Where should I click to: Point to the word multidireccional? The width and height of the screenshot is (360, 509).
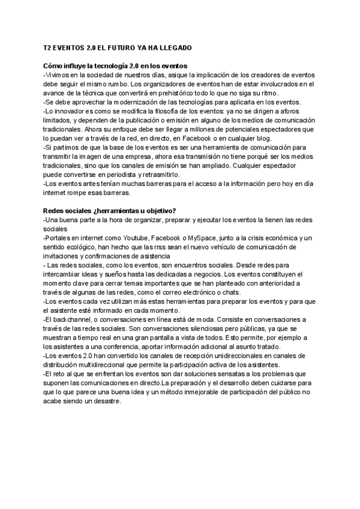(x=113, y=365)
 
